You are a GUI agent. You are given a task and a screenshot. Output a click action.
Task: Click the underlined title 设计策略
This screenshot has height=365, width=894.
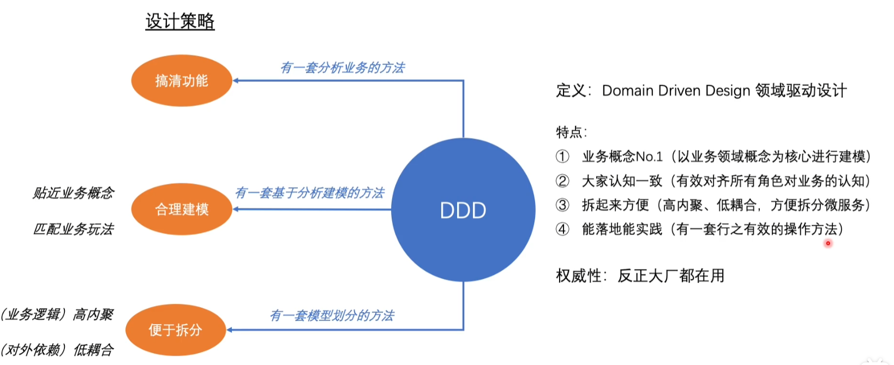[179, 21]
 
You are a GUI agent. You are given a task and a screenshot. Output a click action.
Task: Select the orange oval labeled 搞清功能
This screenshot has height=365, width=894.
[182, 81]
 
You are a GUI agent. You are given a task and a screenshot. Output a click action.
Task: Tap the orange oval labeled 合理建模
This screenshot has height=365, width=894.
[182, 209]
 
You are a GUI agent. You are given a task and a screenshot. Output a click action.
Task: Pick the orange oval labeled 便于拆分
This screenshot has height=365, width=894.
[176, 330]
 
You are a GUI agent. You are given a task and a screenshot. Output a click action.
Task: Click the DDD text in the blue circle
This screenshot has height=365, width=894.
[463, 211]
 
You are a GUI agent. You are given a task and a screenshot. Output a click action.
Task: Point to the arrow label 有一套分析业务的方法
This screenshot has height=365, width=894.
[343, 68]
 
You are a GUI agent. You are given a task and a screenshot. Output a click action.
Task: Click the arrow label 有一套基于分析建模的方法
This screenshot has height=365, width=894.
[310, 193]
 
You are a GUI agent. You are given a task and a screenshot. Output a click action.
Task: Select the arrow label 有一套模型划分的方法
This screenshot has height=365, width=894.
[332, 315]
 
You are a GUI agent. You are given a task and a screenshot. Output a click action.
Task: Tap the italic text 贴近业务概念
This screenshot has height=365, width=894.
[73, 193]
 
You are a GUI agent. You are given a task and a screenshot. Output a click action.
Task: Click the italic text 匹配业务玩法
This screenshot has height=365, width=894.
[73, 229]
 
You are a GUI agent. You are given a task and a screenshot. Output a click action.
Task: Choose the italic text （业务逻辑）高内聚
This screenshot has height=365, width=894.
[57, 314]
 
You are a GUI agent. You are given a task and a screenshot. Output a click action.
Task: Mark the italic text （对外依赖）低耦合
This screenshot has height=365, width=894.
[57, 349]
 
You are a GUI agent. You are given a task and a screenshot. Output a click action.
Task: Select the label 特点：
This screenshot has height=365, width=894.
[571, 132]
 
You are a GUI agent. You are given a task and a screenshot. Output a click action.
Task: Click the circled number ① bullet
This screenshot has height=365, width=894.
[562, 157]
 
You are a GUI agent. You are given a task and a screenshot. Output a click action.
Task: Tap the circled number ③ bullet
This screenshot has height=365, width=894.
[562, 205]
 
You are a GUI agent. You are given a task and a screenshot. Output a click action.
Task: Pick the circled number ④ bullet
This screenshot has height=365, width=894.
[562, 229]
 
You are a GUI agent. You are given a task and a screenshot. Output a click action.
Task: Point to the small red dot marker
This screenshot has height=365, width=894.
[828, 243]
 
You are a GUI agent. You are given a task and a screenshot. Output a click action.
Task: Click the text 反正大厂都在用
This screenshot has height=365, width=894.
[671, 276]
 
